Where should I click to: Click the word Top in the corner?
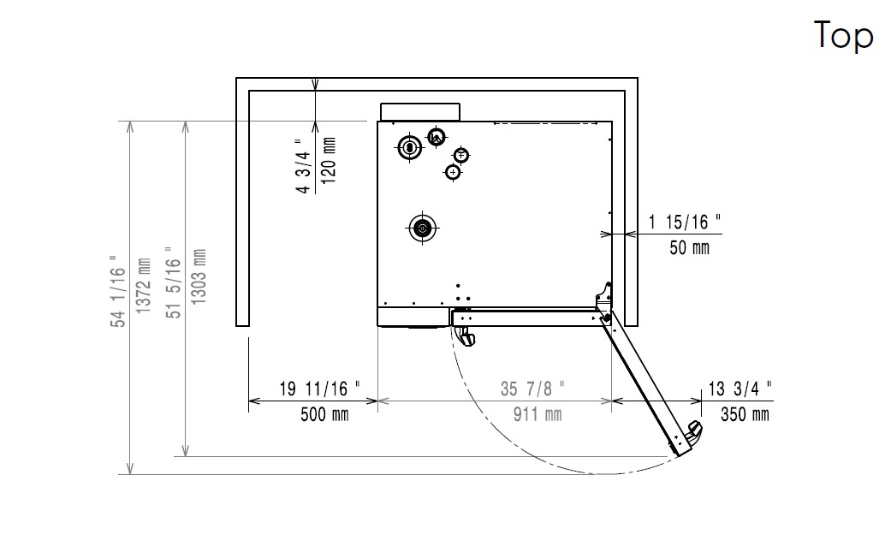coord(843,35)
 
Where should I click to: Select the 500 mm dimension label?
coord(324,414)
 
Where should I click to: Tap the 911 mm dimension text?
coord(538,414)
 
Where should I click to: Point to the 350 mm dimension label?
coord(745,414)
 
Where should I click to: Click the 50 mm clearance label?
coord(689,247)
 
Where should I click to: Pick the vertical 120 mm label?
coord(329,160)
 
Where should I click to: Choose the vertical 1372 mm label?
coord(143,285)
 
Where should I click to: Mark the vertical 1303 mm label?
coord(199,276)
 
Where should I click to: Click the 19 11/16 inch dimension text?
coord(320,389)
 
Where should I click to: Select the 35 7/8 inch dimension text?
coord(532,389)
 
